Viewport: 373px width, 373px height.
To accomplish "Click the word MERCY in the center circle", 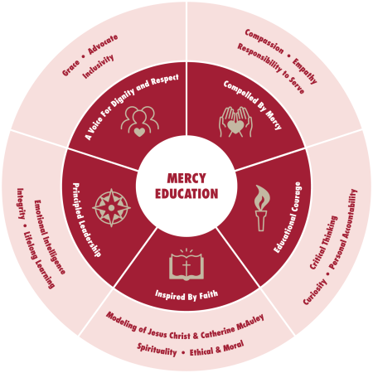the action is click(186, 178).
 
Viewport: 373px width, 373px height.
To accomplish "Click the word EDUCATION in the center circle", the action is click(186, 194).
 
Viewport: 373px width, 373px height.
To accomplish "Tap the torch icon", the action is click(261, 208).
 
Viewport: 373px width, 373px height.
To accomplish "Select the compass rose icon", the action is click(111, 208).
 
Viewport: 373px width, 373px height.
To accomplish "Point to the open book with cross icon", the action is click(186, 264).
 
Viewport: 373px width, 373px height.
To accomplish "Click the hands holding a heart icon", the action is click(235, 122).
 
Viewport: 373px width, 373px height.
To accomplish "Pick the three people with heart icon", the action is click(140, 122).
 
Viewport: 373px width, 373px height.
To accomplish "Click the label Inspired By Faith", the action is click(186, 295).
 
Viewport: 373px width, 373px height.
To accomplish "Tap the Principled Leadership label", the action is click(86, 220).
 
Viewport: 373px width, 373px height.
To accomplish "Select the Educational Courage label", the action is click(288, 217).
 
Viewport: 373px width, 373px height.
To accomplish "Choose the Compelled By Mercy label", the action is click(253, 104).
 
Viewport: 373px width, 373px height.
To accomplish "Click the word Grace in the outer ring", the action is click(70, 68).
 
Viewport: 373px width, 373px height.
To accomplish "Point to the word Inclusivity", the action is click(98, 66).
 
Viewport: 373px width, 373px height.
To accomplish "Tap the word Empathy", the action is click(304, 70).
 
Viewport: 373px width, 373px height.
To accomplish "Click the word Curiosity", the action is click(315, 292).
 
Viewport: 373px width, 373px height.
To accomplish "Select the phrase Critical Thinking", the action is click(323, 243).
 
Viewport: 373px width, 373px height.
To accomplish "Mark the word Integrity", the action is click(21, 204).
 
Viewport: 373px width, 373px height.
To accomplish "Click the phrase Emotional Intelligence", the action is click(50, 237).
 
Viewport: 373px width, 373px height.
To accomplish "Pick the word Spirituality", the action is click(157, 350).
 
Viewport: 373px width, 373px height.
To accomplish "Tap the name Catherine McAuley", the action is click(232, 326).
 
